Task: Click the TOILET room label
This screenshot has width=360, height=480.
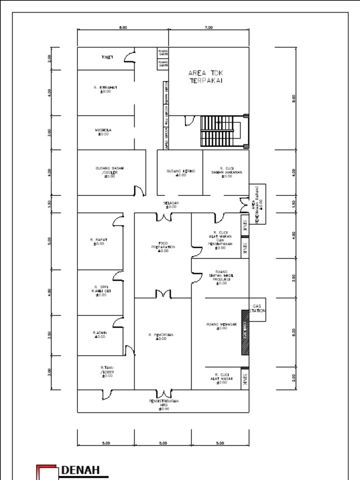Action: coord(107,57)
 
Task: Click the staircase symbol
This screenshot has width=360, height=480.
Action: coord(220,131)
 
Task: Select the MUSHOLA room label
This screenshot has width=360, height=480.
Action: coord(103,132)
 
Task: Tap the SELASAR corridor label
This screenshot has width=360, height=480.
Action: coord(171,204)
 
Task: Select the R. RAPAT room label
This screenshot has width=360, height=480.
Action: coord(98,241)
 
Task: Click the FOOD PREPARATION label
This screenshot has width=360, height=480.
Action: coord(163,247)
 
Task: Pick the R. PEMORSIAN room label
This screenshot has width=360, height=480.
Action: coord(161,337)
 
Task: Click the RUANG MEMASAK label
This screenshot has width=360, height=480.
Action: coord(221,326)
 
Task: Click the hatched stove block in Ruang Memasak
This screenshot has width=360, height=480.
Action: coord(245,332)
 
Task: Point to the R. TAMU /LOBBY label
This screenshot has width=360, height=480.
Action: coord(107,371)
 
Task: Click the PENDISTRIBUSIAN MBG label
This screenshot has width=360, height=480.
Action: coord(164,405)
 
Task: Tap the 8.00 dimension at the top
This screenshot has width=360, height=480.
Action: coord(123,28)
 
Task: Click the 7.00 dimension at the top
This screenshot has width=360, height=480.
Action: coord(209,28)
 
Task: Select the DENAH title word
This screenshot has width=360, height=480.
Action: coord(81,470)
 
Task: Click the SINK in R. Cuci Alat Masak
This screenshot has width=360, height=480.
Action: coord(245,378)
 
